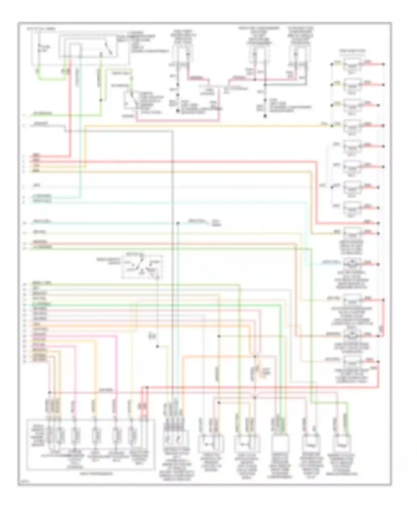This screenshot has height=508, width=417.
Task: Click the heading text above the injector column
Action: tap(352, 51)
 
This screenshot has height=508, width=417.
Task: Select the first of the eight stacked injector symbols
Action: tap(352, 65)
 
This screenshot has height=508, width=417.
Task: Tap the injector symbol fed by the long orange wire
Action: tap(352, 127)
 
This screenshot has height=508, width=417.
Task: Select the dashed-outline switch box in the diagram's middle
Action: tap(142, 266)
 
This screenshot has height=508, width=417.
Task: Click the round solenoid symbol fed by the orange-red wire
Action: tap(352, 335)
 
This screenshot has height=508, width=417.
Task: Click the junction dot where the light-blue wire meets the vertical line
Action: tap(178, 223)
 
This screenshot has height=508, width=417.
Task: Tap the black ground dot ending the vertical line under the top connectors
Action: tap(265, 116)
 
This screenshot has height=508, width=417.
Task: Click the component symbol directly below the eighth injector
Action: tap(352, 233)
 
